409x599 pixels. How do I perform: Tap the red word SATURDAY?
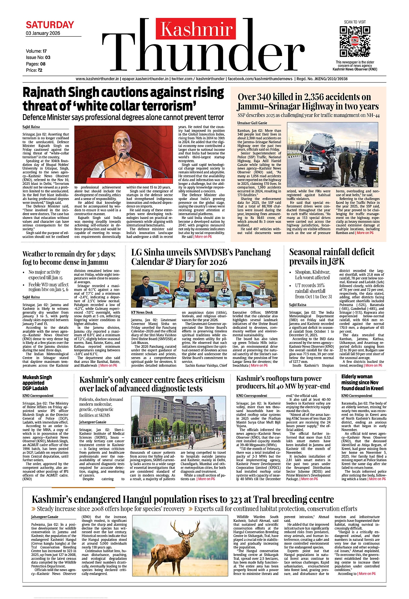click(x=50, y=25)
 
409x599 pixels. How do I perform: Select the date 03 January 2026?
click(x=43, y=33)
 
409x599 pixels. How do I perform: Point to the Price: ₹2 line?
click(x=34, y=70)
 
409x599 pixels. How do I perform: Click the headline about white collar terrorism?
click(x=123, y=99)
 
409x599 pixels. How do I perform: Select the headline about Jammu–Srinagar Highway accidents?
click(x=307, y=102)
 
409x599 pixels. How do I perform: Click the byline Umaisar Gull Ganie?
click(x=252, y=123)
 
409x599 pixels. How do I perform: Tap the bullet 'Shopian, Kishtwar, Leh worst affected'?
click(x=312, y=275)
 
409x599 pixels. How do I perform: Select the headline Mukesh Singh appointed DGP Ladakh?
click(x=37, y=383)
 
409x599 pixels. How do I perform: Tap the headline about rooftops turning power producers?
click(x=283, y=382)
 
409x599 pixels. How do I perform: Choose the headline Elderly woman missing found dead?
click(x=362, y=382)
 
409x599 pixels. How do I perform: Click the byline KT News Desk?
click(x=142, y=313)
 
